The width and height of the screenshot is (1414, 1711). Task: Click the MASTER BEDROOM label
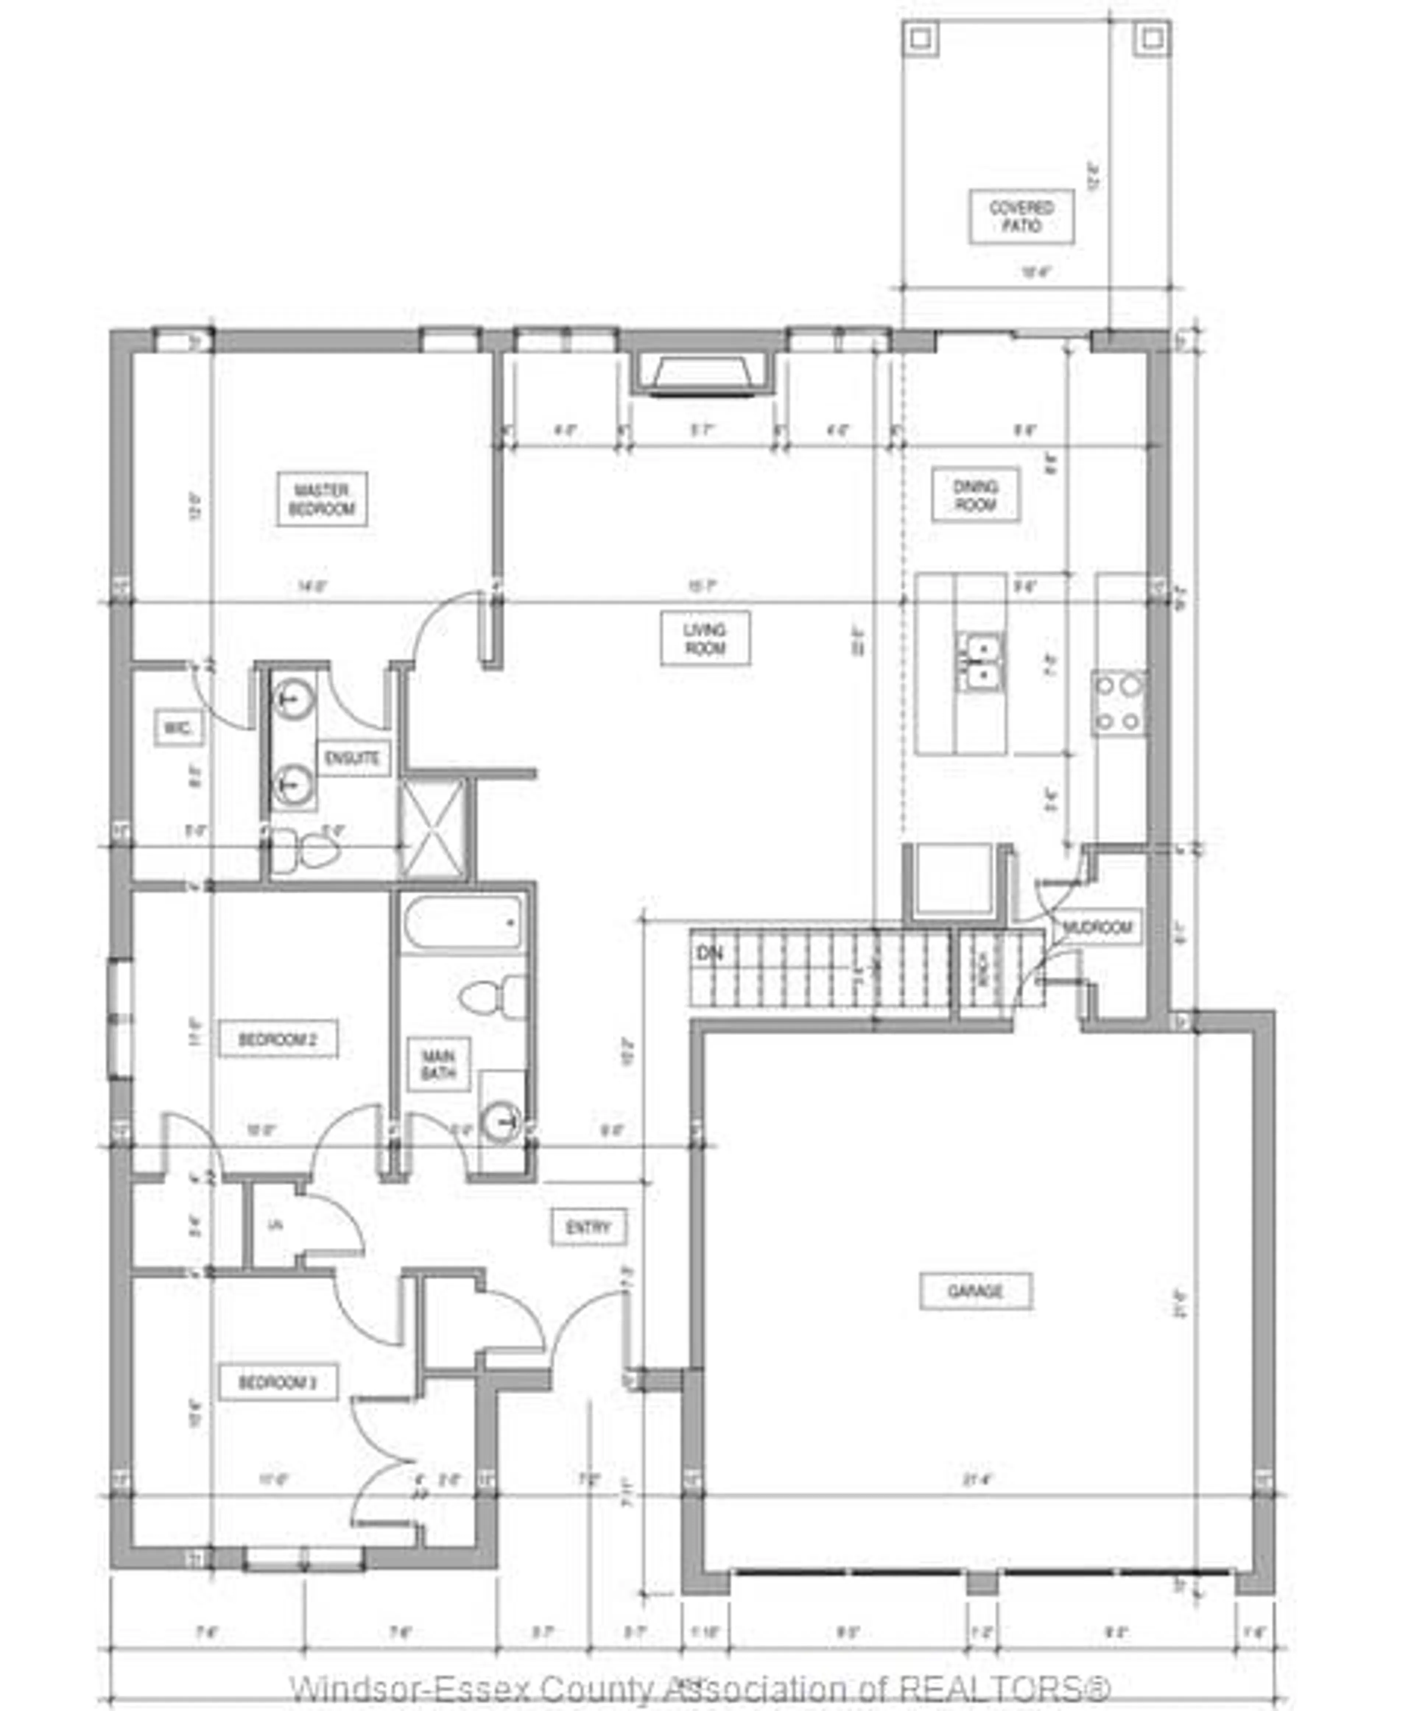[322, 499]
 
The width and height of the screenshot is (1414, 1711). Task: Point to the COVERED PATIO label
[1021, 216]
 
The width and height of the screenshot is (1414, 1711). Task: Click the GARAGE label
[976, 1291]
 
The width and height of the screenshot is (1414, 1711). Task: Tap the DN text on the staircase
[710, 954]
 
